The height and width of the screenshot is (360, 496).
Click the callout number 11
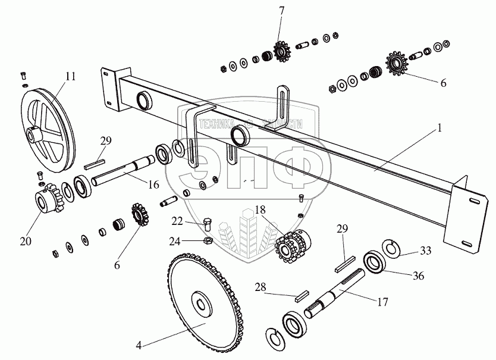click(71, 76)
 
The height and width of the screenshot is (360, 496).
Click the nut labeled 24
click(208, 241)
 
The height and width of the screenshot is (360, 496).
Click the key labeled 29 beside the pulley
click(95, 159)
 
